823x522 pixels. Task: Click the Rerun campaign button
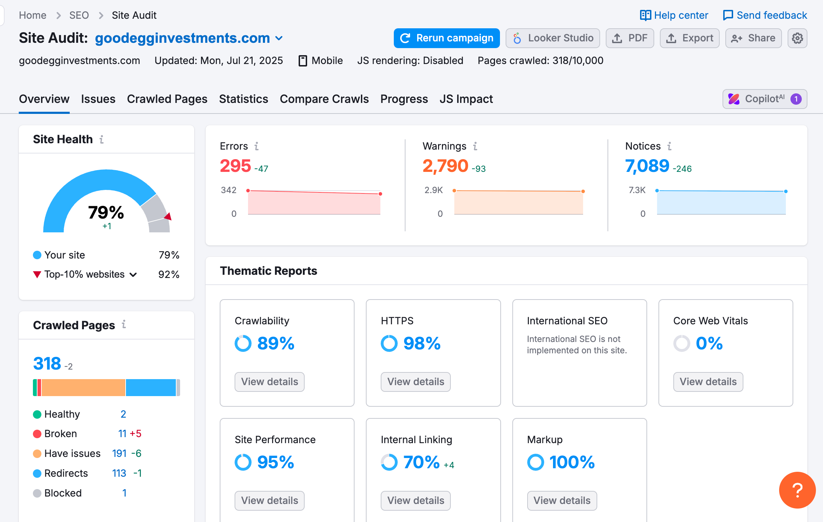point(447,38)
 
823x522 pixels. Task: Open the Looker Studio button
point(553,38)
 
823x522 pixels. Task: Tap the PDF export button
point(630,38)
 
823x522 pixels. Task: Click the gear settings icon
point(797,38)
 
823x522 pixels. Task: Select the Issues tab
point(98,99)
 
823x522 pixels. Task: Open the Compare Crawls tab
point(324,99)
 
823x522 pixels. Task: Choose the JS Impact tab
point(466,99)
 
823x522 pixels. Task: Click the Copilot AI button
point(765,99)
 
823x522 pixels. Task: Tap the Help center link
point(674,15)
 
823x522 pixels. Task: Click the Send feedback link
point(765,15)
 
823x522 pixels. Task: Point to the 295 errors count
point(235,166)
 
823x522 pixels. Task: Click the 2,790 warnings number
point(445,166)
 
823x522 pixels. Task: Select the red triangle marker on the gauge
point(168,216)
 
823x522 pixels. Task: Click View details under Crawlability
point(270,382)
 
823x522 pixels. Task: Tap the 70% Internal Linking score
point(421,462)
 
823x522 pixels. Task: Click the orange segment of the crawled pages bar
point(84,388)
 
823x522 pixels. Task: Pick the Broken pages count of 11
point(122,434)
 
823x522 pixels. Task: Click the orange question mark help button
point(797,490)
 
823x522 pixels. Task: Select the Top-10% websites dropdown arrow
point(133,275)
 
